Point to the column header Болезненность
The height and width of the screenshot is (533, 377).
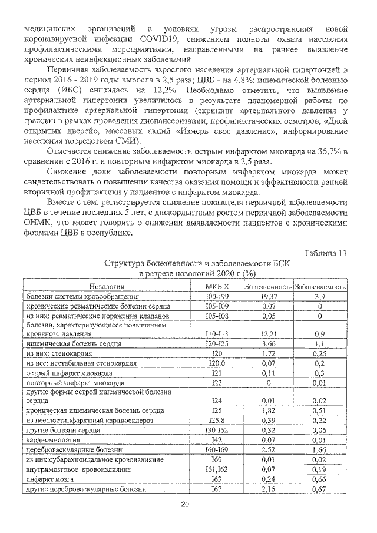click(x=269, y=286)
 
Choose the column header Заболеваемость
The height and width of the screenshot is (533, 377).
click(x=320, y=286)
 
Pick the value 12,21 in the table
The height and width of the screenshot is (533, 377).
click(x=269, y=333)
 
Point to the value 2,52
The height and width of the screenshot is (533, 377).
click(x=269, y=449)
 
